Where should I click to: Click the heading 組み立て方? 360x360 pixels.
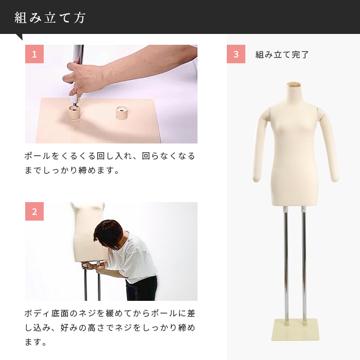(x=50, y=18)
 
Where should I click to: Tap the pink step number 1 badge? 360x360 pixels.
(x=34, y=54)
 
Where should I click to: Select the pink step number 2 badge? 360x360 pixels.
(x=34, y=211)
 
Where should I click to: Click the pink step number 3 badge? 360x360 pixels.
(x=236, y=54)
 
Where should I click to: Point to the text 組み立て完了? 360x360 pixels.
(x=282, y=55)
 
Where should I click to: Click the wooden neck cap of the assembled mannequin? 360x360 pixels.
(x=294, y=84)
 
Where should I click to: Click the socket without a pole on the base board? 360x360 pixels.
(x=121, y=113)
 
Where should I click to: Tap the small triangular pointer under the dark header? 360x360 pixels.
(x=20, y=37)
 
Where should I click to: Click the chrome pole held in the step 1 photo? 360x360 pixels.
(x=78, y=54)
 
